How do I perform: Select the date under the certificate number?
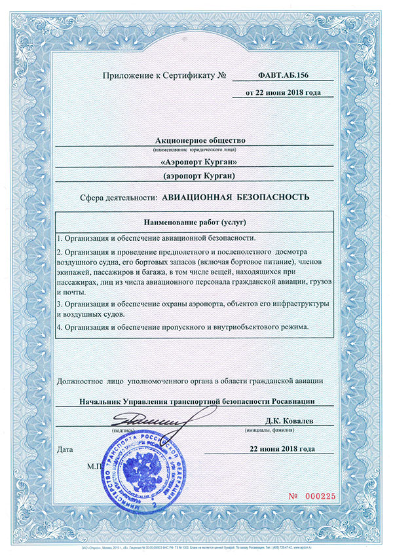point(282,93)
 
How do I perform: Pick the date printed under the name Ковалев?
point(282,449)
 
